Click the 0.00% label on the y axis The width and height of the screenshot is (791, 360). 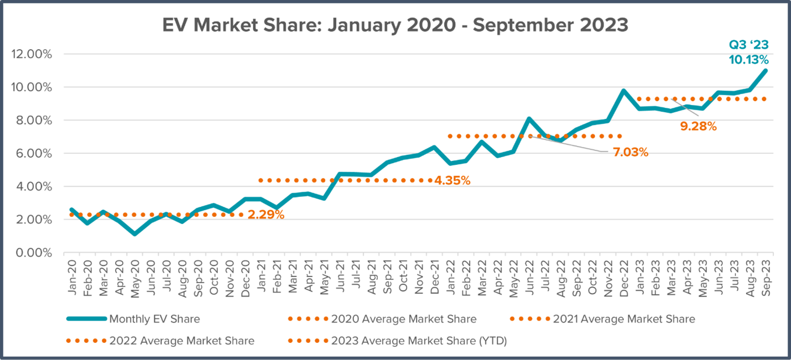(34, 253)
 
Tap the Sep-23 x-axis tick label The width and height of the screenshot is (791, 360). (766, 272)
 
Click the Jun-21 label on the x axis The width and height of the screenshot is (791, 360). (341, 272)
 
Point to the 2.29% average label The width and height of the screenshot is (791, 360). (266, 215)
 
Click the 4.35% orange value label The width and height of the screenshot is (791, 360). (452, 180)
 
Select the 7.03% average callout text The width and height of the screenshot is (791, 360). (630, 152)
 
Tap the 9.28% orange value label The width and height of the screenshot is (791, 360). (699, 126)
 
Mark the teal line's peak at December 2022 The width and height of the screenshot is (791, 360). (623, 91)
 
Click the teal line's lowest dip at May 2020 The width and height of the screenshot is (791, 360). (134, 234)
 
